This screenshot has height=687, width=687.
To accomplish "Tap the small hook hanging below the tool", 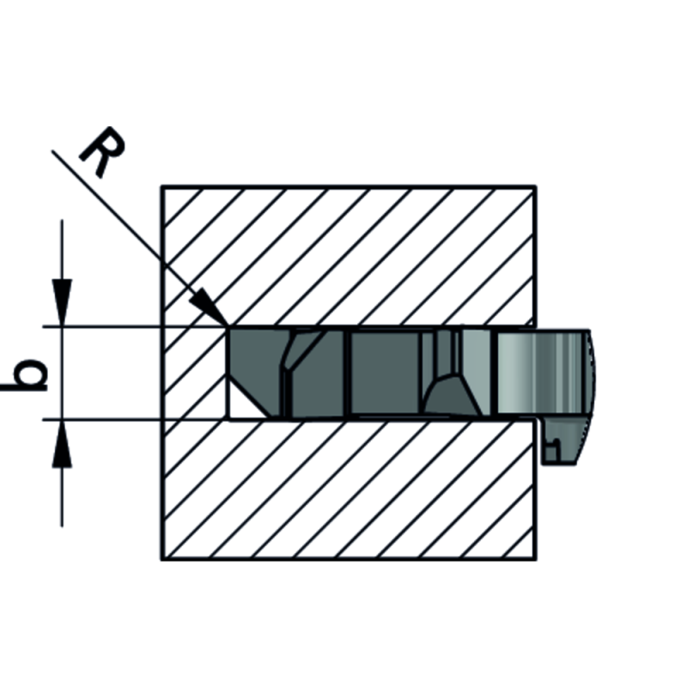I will [567, 442].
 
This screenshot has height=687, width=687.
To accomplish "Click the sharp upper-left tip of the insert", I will [228, 328].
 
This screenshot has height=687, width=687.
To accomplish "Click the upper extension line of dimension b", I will [129, 326].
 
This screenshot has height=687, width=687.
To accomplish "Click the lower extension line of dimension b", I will [129, 420].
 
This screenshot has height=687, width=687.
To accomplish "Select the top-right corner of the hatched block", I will [536, 186].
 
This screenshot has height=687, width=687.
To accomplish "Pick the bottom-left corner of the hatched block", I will [162, 559].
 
